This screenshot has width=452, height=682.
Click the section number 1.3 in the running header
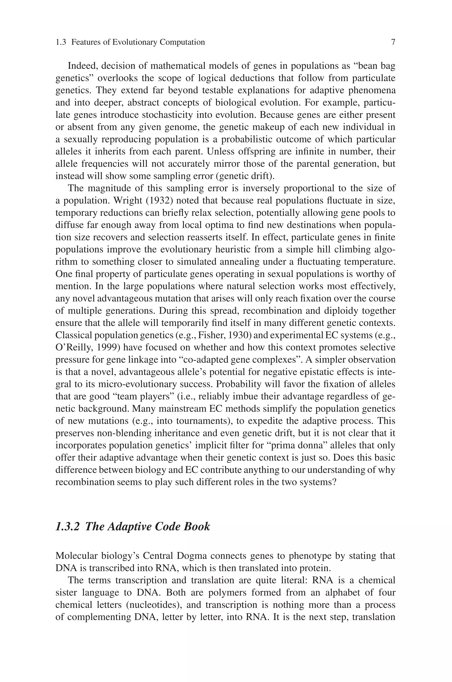(61, 42)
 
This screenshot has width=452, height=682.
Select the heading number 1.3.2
(67, 526)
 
